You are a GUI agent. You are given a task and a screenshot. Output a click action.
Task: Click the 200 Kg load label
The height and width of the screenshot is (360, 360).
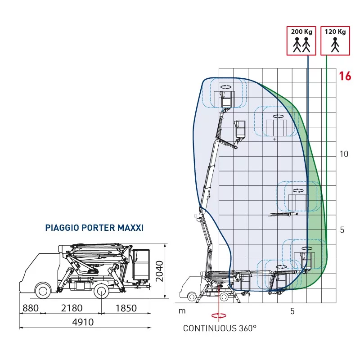point(301,31)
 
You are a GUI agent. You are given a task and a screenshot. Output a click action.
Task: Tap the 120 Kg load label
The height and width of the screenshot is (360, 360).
point(335,31)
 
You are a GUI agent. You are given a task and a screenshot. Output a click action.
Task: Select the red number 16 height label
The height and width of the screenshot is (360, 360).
point(345,76)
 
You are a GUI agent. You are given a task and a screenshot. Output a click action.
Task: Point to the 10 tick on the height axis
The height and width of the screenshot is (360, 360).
point(344,154)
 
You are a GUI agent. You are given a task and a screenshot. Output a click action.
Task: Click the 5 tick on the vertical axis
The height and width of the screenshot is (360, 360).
point(342,230)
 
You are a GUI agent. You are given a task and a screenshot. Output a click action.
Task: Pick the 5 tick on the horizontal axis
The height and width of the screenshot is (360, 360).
point(292,311)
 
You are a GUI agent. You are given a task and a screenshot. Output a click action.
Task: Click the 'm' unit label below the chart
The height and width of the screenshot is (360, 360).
point(182,311)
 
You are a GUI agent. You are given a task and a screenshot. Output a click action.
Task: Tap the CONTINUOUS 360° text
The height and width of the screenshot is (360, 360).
point(220,328)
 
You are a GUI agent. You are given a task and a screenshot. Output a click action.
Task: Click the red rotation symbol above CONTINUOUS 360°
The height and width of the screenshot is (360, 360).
point(219,316)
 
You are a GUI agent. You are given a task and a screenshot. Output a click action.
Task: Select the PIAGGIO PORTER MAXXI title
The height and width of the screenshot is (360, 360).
point(94,228)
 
